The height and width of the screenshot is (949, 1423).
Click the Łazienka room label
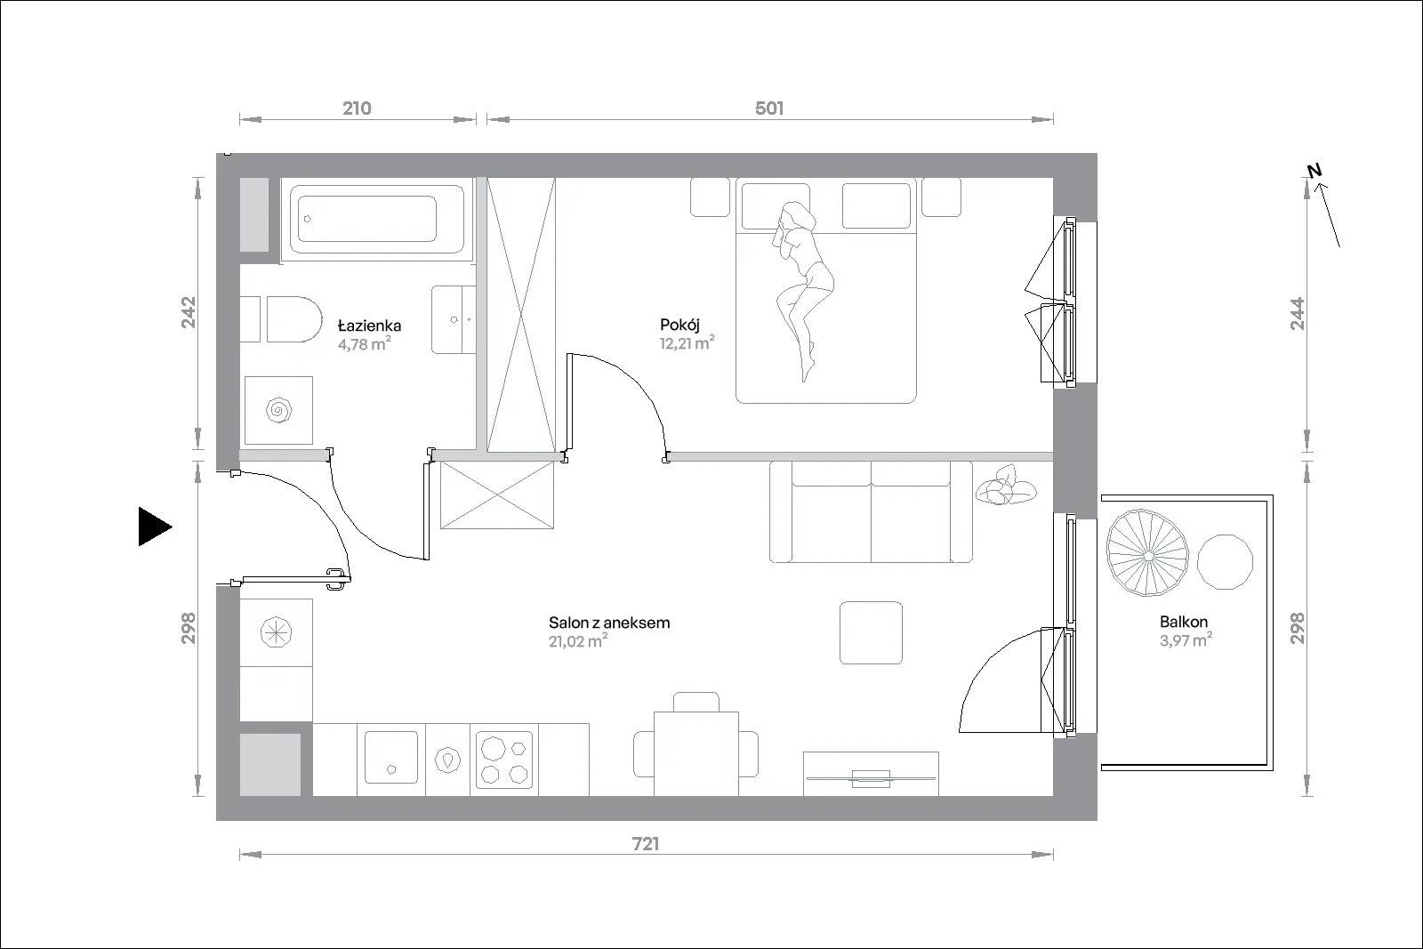(369, 326)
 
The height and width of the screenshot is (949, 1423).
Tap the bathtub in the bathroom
(377, 219)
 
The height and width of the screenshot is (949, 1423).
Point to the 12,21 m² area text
(687, 343)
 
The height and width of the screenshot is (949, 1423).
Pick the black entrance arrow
(155, 527)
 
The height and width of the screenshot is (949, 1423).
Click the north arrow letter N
(1314, 171)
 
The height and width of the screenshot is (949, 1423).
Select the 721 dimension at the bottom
(646, 844)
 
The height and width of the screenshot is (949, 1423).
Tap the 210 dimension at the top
(357, 109)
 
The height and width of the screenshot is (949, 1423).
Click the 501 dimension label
(769, 109)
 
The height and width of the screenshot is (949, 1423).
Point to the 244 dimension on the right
(1298, 314)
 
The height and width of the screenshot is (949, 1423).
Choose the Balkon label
(1184, 622)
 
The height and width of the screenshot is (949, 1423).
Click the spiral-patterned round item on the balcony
(1147, 552)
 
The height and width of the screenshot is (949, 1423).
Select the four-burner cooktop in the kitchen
(504, 760)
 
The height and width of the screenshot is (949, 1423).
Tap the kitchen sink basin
(391, 757)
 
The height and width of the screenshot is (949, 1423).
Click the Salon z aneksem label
(609, 623)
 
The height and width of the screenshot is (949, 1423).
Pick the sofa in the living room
(871, 512)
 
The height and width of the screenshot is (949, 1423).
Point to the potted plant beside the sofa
(1006, 486)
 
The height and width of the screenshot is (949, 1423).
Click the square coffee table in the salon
(871, 632)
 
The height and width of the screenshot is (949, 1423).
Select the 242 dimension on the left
(189, 312)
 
